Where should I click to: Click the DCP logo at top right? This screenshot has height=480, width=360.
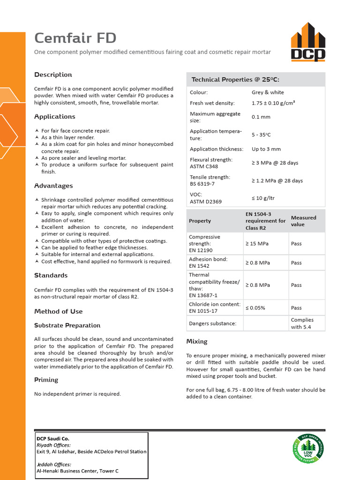click(308, 42)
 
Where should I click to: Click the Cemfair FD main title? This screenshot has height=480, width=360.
click(75, 38)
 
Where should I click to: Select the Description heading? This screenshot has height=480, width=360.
click(53, 75)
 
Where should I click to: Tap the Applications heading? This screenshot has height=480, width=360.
click(54, 116)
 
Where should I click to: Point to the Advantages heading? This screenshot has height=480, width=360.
click(53, 186)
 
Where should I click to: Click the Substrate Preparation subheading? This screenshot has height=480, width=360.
click(67, 325)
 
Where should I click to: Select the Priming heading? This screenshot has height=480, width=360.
click(46, 380)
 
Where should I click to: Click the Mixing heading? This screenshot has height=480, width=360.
click(197, 341)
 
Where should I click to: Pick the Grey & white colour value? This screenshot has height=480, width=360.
click(268, 92)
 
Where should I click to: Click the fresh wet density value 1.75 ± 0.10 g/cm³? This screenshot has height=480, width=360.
click(276, 103)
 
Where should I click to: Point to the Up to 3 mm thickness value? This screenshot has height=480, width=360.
click(266, 149)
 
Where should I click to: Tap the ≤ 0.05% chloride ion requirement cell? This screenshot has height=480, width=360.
click(255, 308)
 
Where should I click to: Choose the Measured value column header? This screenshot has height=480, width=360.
click(304, 221)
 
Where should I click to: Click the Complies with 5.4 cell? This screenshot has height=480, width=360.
click(302, 323)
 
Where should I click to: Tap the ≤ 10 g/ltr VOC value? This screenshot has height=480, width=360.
click(263, 198)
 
